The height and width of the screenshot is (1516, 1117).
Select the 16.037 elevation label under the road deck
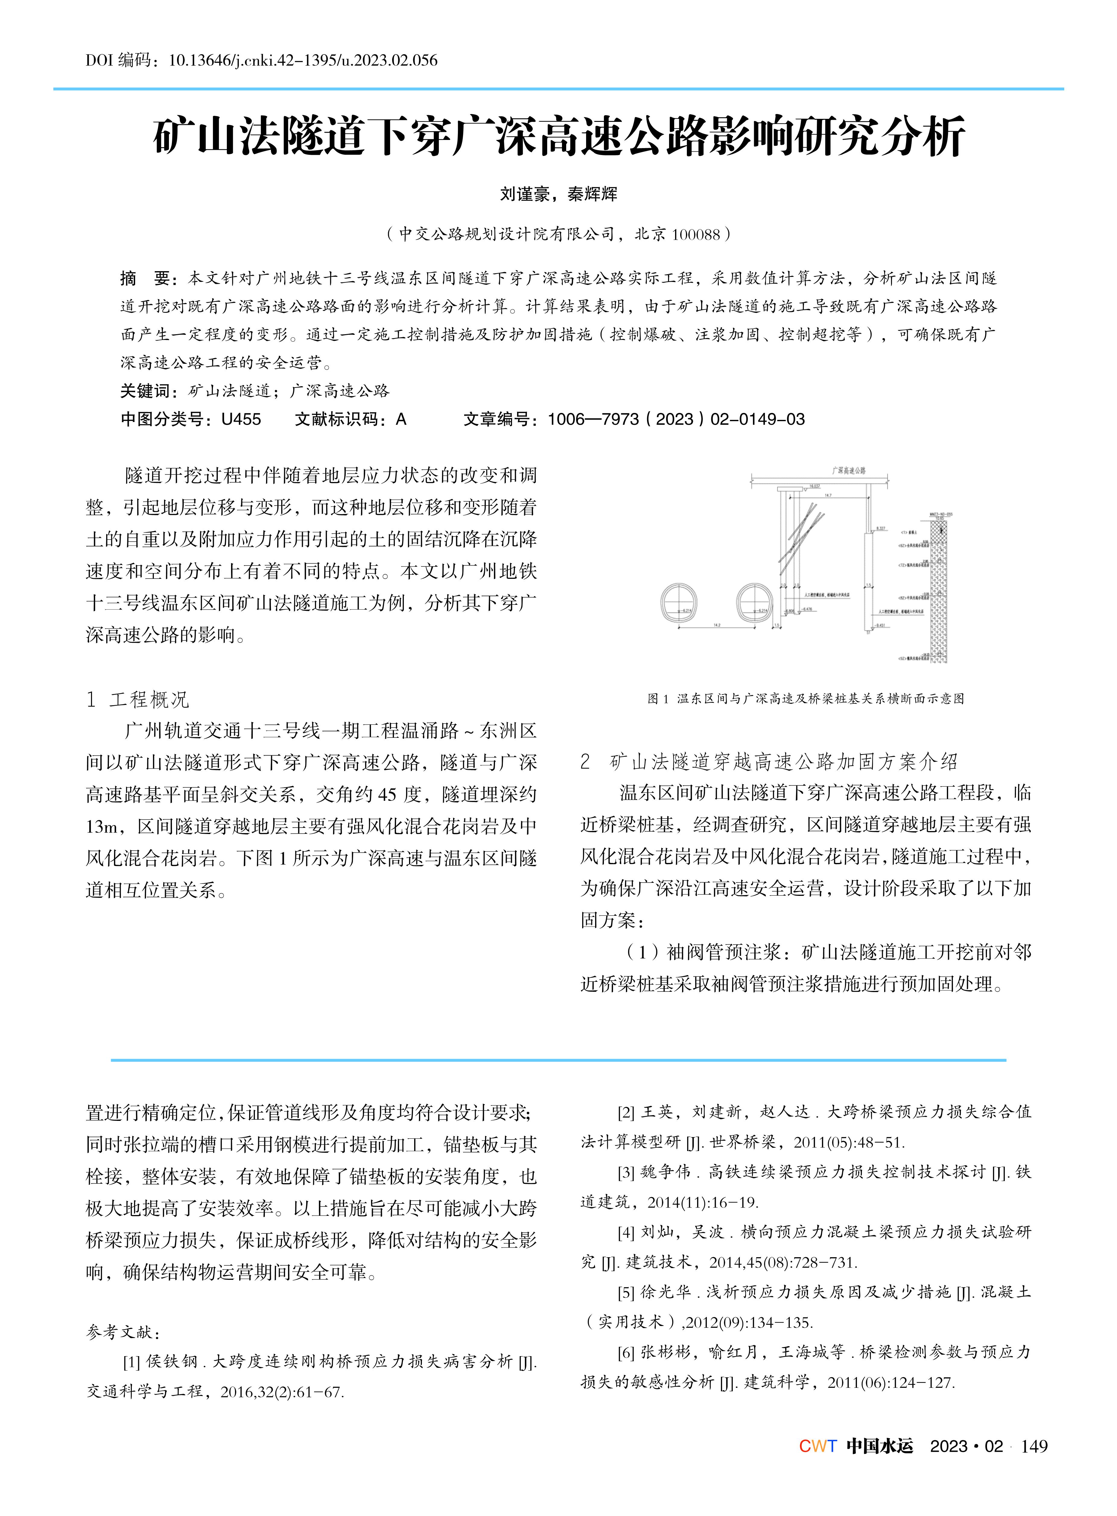(x=815, y=486)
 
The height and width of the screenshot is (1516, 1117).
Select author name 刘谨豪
(x=524, y=195)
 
